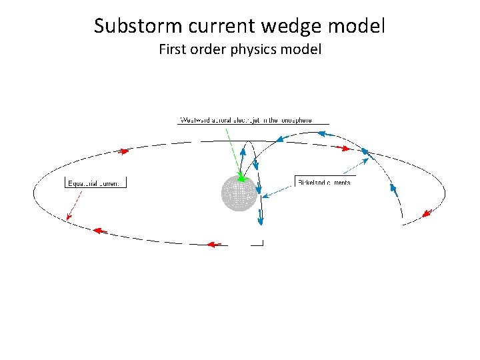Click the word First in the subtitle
tap(173, 49)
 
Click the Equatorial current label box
tap(95, 183)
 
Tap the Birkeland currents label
tap(323, 182)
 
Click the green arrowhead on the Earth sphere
tap(241, 177)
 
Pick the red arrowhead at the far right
tap(427, 213)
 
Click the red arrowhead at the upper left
tap(123, 151)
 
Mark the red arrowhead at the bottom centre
tap(214, 245)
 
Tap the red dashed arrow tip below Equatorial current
tap(68, 216)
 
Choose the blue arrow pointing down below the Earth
tap(261, 219)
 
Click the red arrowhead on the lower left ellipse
tap(99, 231)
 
